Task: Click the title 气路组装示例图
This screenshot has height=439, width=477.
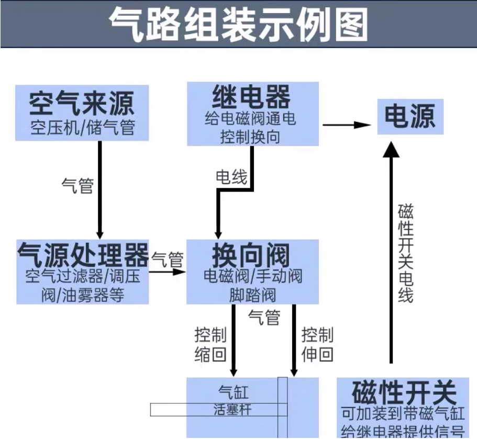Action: (x=238, y=24)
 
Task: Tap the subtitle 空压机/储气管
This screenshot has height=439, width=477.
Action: (x=82, y=127)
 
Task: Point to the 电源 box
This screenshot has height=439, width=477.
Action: (x=410, y=117)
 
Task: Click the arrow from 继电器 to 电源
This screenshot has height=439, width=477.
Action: (x=347, y=125)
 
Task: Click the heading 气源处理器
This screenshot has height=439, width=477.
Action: (x=83, y=255)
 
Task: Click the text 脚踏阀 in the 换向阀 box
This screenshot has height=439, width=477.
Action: (x=252, y=295)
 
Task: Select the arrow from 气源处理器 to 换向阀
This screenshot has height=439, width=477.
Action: (x=168, y=272)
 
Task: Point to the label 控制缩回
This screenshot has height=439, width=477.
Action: (x=210, y=345)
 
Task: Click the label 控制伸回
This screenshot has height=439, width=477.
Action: (x=317, y=345)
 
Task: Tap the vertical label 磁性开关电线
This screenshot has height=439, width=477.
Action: (x=406, y=254)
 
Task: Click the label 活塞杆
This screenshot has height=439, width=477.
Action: (x=234, y=409)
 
